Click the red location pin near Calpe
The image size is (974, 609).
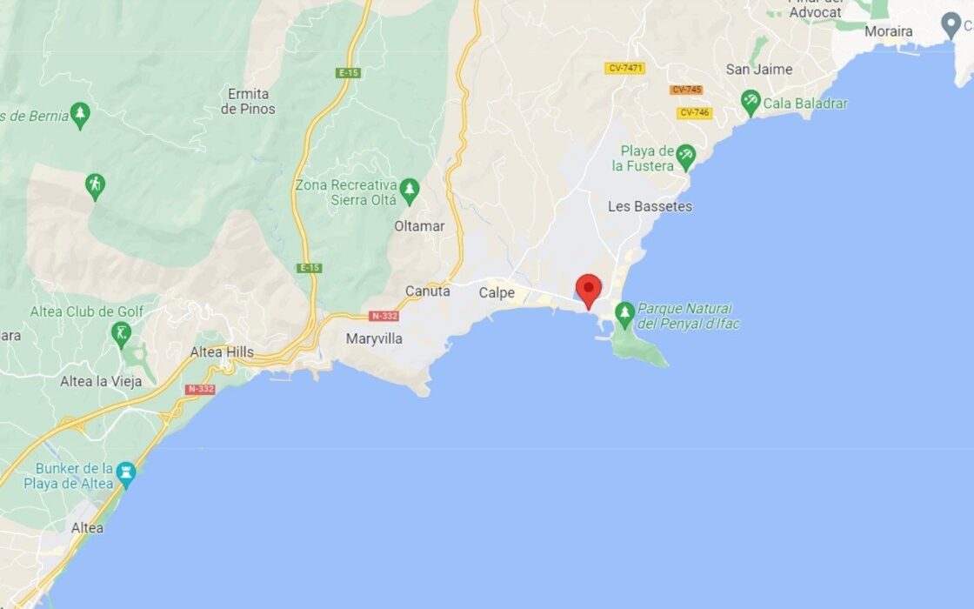(589, 290)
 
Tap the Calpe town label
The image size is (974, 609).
(497, 293)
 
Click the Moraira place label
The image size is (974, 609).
(889, 31)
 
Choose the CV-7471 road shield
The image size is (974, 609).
(624, 68)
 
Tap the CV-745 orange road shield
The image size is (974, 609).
(686, 90)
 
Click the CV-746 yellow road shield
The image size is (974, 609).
(695, 112)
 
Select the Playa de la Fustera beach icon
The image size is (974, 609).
(686, 156)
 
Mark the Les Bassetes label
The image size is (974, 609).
(650, 206)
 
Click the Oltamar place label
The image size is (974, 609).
(419, 226)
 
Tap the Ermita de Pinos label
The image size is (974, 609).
(248, 101)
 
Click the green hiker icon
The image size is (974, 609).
(95, 184)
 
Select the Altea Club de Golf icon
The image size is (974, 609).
(121, 332)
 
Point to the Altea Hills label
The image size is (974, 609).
(222, 352)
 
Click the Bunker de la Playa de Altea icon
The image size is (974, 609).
(126, 473)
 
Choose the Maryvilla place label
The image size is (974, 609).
(374, 338)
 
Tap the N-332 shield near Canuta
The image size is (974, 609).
(384, 316)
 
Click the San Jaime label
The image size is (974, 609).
(759, 70)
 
